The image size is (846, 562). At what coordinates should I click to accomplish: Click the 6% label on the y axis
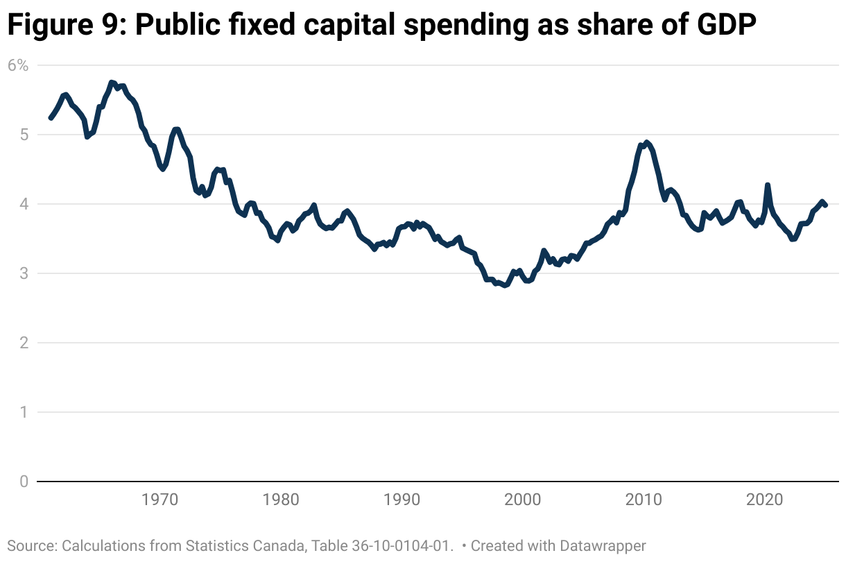tap(18, 65)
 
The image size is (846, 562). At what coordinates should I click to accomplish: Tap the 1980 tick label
tap(281, 500)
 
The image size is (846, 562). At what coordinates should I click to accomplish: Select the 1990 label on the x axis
tap(402, 500)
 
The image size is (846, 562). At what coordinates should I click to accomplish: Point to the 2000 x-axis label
tap(523, 500)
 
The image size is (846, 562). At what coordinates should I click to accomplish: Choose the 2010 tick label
tap(644, 500)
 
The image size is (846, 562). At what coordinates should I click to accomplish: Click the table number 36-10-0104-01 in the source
tap(398, 545)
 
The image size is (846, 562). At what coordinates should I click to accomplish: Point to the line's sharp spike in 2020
tap(767, 185)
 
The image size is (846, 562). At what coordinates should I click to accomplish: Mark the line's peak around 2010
tap(646, 142)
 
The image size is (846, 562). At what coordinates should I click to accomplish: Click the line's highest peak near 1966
tap(112, 83)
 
